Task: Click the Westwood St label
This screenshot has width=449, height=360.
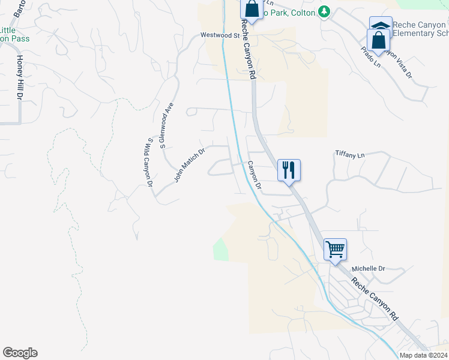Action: coord(220,35)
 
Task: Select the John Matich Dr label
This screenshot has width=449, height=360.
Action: coord(189,165)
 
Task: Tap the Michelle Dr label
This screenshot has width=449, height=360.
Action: coord(368,268)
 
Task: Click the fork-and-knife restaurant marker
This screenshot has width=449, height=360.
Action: coord(289,170)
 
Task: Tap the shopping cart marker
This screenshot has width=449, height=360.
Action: coord(335,248)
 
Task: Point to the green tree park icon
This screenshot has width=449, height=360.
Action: coord(324,11)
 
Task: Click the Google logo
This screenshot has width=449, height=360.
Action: coord(20,353)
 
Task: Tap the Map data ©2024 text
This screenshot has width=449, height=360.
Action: coord(423,355)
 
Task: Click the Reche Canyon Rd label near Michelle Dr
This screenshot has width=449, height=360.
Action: coord(375,298)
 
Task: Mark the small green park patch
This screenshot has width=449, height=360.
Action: coord(221,250)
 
